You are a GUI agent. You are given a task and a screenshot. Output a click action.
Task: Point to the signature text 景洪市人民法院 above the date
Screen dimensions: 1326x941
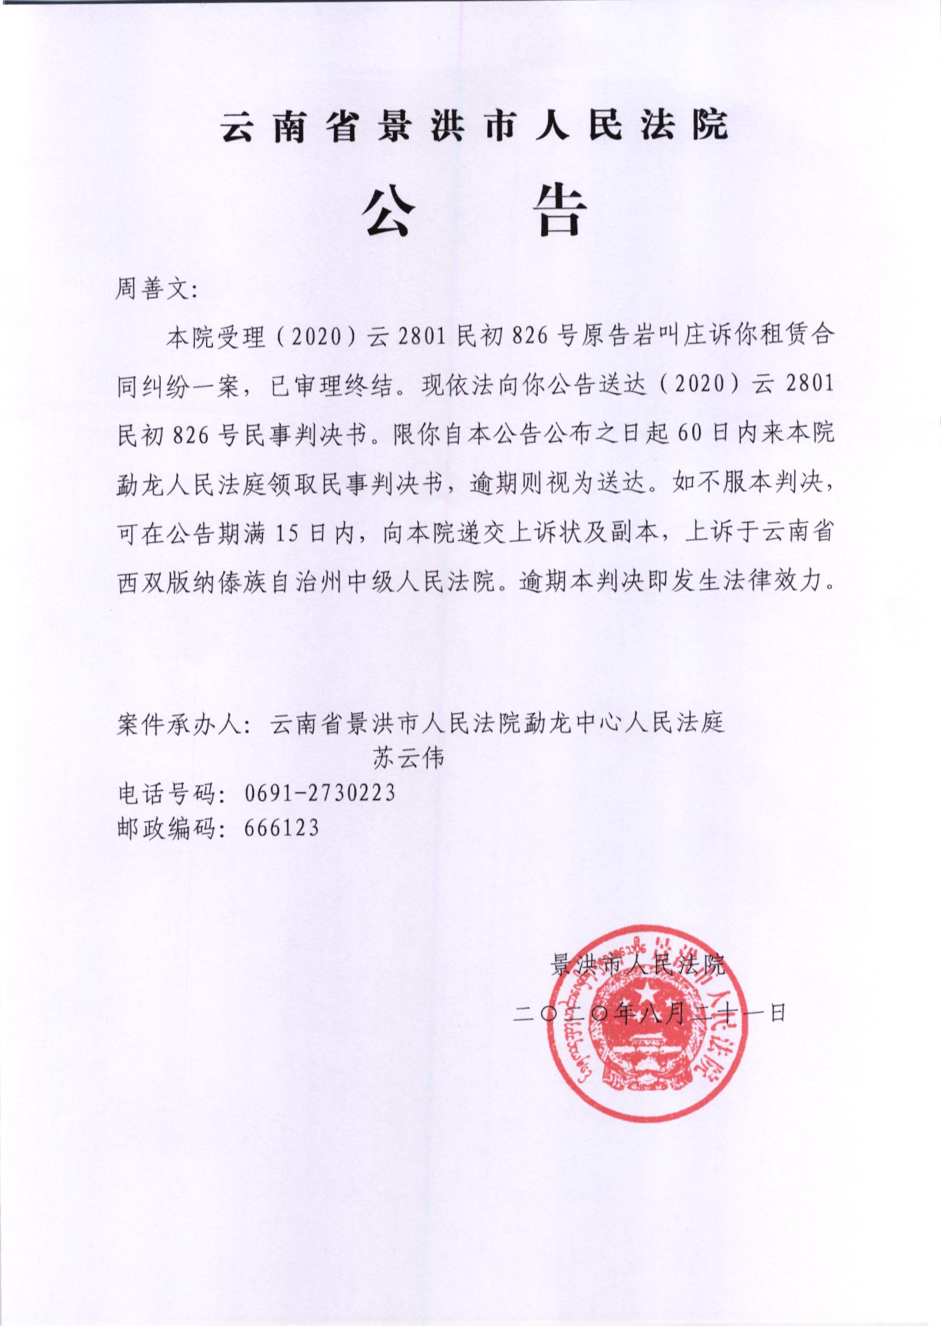[x=638, y=965]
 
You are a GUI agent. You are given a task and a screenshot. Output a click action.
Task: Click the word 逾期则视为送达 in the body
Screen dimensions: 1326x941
[x=557, y=484]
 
